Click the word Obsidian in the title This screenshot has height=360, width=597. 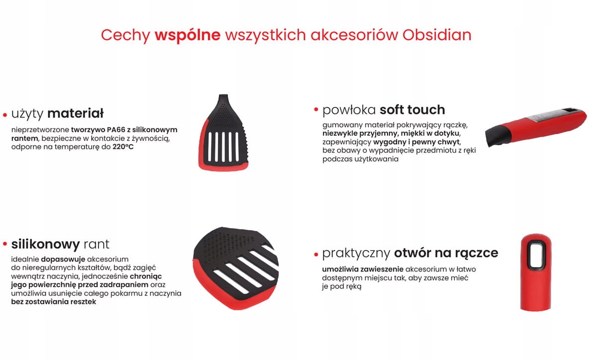(x=437, y=35)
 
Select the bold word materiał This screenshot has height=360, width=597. (x=76, y=113)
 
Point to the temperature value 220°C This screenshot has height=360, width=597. (x=123, y=147)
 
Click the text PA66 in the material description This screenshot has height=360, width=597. (x=116, y=130)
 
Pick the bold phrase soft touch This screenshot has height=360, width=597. (x=412, y=110)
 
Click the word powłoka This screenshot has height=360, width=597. (x=349, y=110)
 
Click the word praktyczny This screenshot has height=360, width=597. (x=356, y=253)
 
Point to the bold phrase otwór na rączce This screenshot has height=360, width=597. (x=446, y=253)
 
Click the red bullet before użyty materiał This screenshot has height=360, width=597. (x=5, y=115)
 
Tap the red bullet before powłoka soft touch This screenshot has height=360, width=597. (x=316, y=109)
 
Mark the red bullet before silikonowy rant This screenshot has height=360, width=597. (x=5, y=244)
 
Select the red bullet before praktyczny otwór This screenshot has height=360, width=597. (x=316, y=255)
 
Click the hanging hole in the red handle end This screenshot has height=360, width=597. (x=536, y=255)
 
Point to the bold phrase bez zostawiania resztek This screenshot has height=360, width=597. (x=54, y=302)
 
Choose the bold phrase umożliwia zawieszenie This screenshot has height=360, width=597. (x=363, y=269)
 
